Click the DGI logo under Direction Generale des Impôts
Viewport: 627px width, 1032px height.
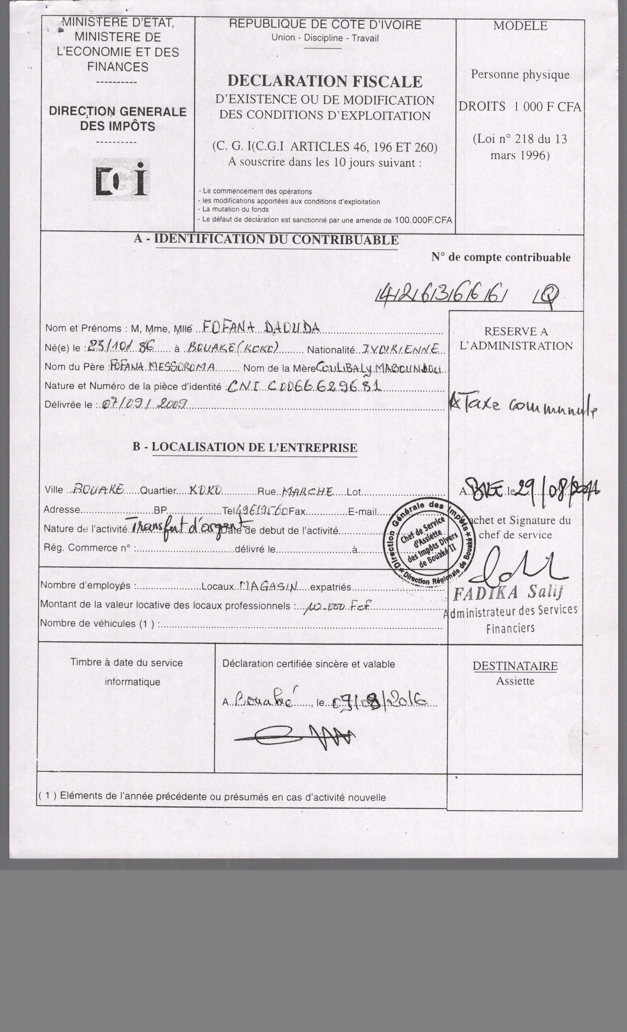[x=121, y=180]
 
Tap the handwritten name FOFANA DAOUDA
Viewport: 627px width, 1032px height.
[x=261, y=327]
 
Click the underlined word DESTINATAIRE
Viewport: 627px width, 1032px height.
[x=515, y=666]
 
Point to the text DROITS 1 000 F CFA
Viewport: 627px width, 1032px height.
[x=520, y=107]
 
